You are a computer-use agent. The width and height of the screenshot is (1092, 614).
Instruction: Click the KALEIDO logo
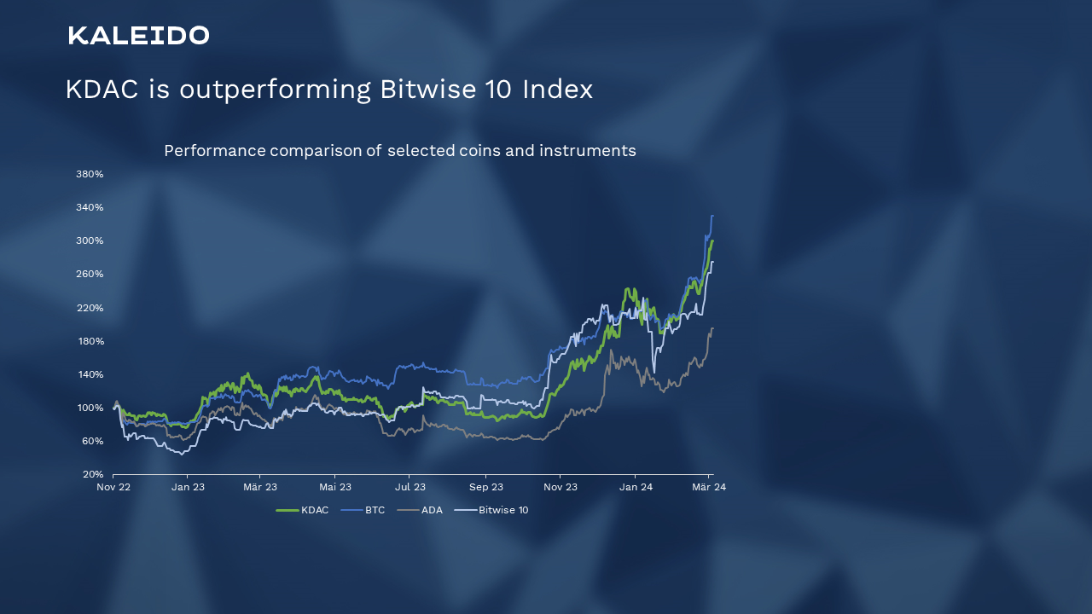pos(138,35)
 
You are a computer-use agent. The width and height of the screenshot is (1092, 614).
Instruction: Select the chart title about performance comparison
pos(399,151)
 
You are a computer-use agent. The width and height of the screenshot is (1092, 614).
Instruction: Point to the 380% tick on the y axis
pos(90,174)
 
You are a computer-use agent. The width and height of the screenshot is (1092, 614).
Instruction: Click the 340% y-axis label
pos(90,207)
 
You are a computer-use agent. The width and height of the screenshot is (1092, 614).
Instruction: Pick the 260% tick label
pos(90,274)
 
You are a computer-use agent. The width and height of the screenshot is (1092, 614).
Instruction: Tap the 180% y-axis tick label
pos(90,341)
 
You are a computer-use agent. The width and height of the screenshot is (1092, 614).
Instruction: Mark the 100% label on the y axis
pos(90,408)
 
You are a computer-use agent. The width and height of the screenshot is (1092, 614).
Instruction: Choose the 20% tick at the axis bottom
pos(92,474)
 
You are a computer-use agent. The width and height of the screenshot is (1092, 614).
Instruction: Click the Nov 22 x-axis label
pos(113,487)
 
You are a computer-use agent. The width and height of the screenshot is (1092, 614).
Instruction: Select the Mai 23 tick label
pos(335,487)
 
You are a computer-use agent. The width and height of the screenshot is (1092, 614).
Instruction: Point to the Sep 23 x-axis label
pos(485,487)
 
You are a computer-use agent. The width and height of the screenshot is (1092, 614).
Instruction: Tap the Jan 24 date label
pos(636,487)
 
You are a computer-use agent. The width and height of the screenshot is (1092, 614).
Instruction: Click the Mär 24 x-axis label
pos(708,487)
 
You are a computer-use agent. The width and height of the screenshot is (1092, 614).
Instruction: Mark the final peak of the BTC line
pos(712,216)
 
